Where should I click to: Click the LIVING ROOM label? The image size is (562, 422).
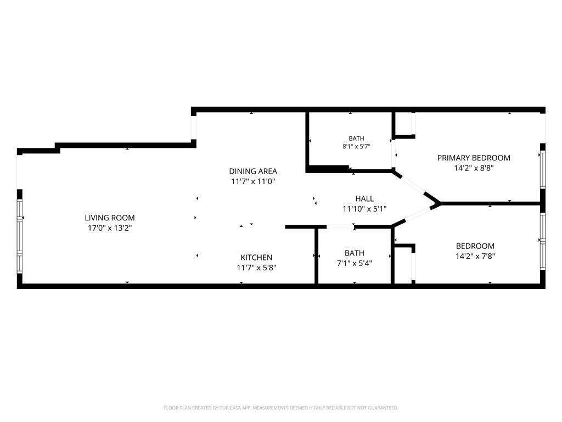coord(110,218)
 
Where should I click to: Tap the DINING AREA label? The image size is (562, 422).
coord(253,171)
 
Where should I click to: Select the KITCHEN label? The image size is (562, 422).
coord(256,257)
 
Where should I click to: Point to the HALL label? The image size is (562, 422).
coord(364,198)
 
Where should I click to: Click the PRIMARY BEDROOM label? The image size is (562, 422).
coord(474,158)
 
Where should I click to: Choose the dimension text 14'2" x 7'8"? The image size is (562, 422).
coord(475,256)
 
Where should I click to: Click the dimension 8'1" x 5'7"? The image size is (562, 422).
coord(356,146)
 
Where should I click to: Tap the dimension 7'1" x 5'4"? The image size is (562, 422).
coord(355,263)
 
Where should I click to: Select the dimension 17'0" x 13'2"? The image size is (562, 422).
coord(110,228)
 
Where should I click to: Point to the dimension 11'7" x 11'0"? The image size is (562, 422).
coord(253,181)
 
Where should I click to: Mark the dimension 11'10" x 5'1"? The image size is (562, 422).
coord(364,208)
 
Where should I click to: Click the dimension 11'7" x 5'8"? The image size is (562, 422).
coord(256,268)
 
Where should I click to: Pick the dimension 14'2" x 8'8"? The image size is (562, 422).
coord(474,168)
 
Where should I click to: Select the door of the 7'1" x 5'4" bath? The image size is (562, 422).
coord(340,227)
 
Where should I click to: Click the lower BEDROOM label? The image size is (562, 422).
coord(475,246)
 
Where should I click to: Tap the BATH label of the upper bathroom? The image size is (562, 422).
coord(356,138)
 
